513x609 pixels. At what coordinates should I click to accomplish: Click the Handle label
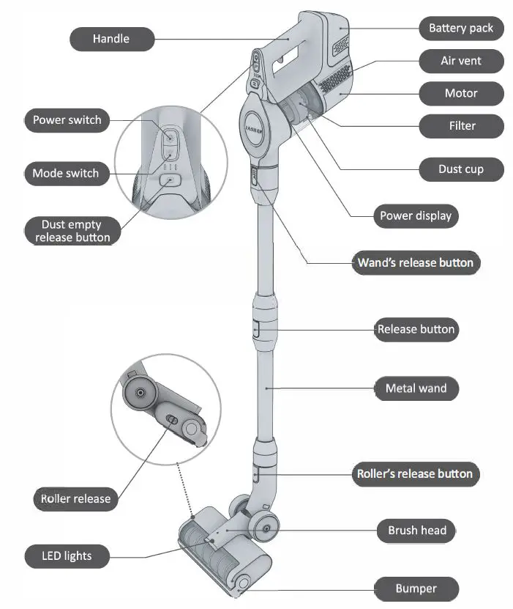coord(111,39)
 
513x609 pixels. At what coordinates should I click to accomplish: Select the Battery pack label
coord(461,29)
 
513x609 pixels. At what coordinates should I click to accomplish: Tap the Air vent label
coord(461,61)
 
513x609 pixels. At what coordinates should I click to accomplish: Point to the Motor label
coord(461,93)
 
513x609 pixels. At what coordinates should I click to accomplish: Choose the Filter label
coord(462,126)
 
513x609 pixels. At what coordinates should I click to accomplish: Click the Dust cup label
coord(461,169)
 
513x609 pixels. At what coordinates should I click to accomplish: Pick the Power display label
coord(416,216)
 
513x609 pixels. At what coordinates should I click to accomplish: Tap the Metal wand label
coord(416,388)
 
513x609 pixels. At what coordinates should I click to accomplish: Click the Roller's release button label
coord(414,473)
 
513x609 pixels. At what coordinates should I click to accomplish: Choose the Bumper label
coord(416,588)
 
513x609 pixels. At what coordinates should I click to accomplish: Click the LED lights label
coord(67,555)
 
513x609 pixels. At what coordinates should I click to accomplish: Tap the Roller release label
coord(75,499)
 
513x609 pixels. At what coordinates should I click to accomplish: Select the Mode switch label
coord(65,174)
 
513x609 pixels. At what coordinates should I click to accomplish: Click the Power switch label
coord(67,119)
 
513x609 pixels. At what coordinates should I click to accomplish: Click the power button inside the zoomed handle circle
coord(169,136)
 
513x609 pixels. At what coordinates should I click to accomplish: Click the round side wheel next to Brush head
coord(263,528)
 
